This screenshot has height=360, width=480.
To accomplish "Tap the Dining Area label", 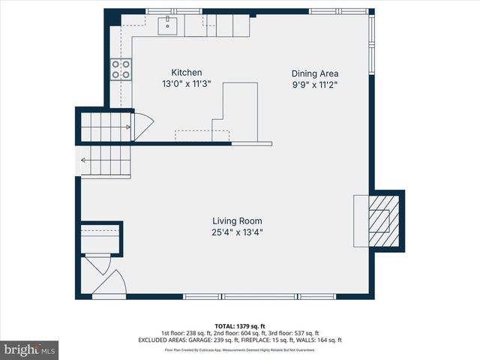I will [315, 73].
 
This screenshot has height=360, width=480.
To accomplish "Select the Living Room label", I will [237, 221].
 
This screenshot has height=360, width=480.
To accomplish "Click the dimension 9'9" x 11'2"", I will [315, 85].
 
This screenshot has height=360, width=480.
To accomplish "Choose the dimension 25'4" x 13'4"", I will [237, 232].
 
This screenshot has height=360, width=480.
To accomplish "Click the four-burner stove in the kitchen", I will [121, 70].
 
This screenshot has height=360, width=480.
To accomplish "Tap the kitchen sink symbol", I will [167, 25].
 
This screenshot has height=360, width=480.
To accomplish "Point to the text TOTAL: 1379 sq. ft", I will [239, 326].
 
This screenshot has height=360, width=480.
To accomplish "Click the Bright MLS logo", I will [30, 349].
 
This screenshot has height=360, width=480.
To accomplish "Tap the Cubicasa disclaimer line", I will [239, 349].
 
